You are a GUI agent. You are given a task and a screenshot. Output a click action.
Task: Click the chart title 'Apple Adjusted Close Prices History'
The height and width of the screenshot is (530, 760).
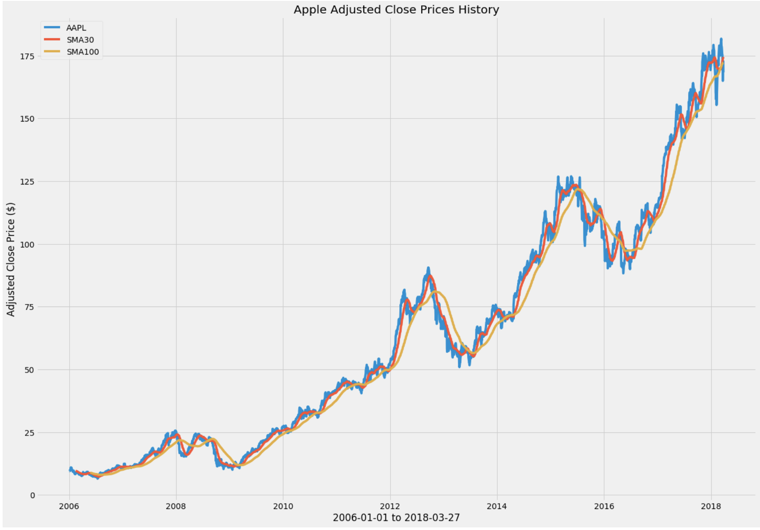click(x=396, y=10)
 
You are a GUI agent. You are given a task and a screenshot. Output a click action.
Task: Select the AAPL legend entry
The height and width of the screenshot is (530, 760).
click(x=76, y=28)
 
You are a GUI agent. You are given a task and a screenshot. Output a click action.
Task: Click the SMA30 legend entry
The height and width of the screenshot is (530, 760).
click(x=80, y=40)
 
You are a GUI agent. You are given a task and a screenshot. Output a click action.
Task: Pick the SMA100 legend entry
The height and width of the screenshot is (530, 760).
click(x=83, y=52)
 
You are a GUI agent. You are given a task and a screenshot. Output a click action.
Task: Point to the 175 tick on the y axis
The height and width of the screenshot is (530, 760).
click(x=27, y=56)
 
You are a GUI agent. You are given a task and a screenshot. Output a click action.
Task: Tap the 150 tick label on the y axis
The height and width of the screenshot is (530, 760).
click(x=27, y=119)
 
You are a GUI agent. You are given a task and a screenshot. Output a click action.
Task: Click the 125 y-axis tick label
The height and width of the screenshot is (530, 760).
click(x=27, y=181)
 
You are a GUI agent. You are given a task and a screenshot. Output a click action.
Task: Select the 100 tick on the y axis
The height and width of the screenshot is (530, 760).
click(x=27, y=244)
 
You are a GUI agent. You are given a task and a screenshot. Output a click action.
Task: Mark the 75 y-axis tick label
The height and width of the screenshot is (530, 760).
click(x=29, y=307)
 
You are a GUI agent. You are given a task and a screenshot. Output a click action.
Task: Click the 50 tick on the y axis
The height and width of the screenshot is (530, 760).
click(x=29, y=370)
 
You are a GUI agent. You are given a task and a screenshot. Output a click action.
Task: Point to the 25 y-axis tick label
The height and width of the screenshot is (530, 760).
click(x=29, y=433)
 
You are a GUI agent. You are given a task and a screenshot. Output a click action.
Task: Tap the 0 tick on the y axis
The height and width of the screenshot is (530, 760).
click(x=32, y=495)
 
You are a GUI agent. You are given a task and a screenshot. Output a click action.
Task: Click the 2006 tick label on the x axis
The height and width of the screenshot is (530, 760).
click(x=69, y=506)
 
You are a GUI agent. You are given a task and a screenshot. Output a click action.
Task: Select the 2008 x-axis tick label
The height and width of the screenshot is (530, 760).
click(x=176, y=506)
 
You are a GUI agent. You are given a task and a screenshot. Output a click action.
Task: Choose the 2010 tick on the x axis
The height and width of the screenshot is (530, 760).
click(x=283, y=506)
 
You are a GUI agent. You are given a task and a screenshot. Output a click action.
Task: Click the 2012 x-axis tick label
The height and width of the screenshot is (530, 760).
click(x=390, y=506)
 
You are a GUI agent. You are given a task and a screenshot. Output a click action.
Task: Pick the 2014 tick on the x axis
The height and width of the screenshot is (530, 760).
click(x=497, y=506)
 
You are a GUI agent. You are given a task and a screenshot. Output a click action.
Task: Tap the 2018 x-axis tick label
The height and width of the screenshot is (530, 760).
click(x=711, y=506)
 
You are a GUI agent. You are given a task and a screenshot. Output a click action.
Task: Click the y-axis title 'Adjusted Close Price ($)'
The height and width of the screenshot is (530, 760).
click(x=11, y=259)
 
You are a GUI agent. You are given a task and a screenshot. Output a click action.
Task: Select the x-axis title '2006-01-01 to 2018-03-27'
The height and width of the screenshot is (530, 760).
click(x=396, y=518)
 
